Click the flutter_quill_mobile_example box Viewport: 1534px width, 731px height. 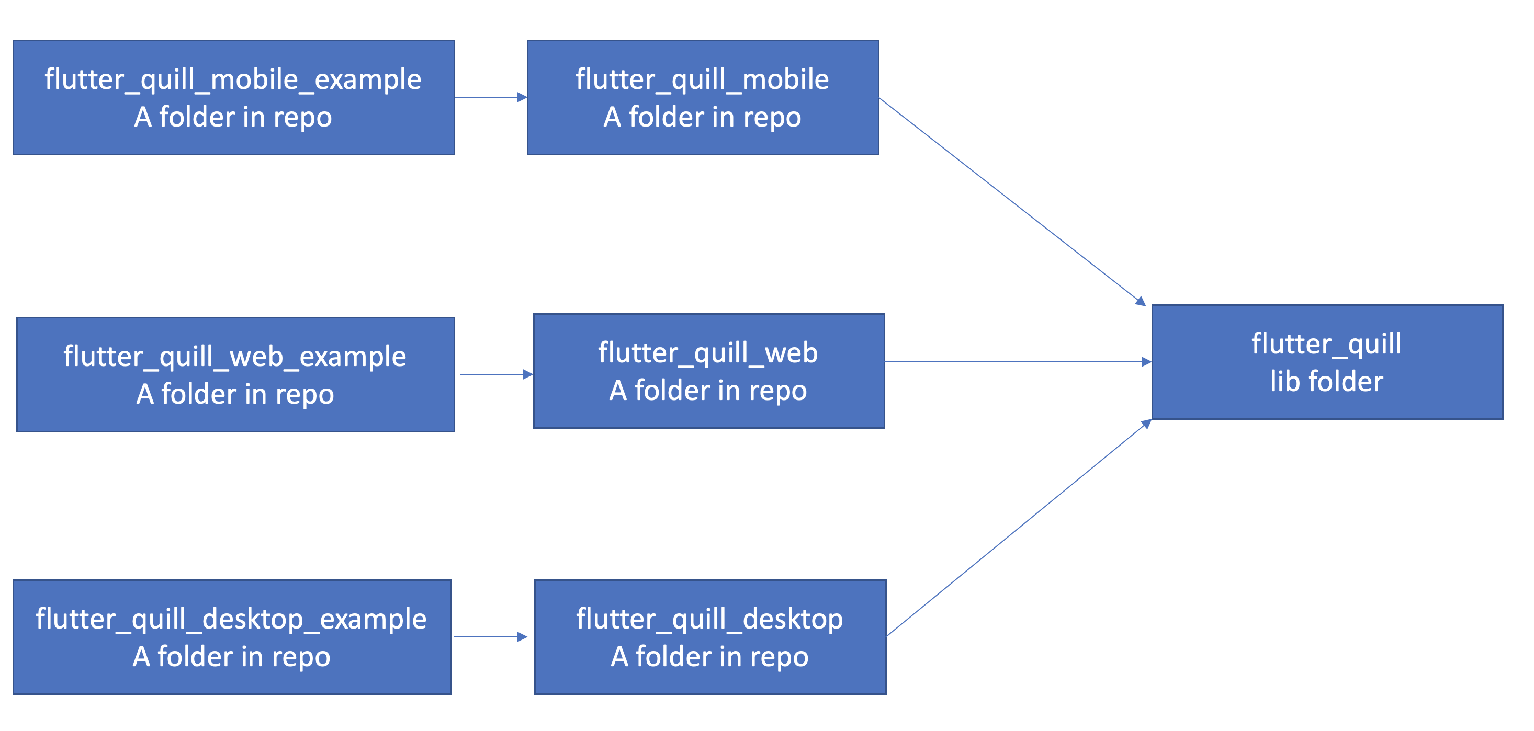click(x=233, y=98)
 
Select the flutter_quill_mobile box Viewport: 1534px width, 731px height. click(x=703, y=98)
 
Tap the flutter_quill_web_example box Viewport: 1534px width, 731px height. click(x=235, y=374)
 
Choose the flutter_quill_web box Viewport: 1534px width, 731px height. click(x=708, y=371)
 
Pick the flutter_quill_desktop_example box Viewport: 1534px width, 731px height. click(x=232, y=637)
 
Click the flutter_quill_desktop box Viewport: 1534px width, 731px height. click(x=710, y=637)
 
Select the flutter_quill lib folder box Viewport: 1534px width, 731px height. click(x=1327, y=362)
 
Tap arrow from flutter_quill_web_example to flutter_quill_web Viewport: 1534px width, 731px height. click(x=494, y=374)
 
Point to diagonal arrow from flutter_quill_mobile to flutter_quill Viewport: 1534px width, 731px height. click(x=1012, y=201)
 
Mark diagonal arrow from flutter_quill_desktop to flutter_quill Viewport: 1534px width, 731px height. click(x=1018, y=528)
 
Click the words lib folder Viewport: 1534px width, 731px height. click(x=1326, y=382)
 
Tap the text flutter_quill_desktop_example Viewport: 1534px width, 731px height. click(x=231, y=619)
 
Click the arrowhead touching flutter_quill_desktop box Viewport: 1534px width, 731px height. click(x=522, y=637)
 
